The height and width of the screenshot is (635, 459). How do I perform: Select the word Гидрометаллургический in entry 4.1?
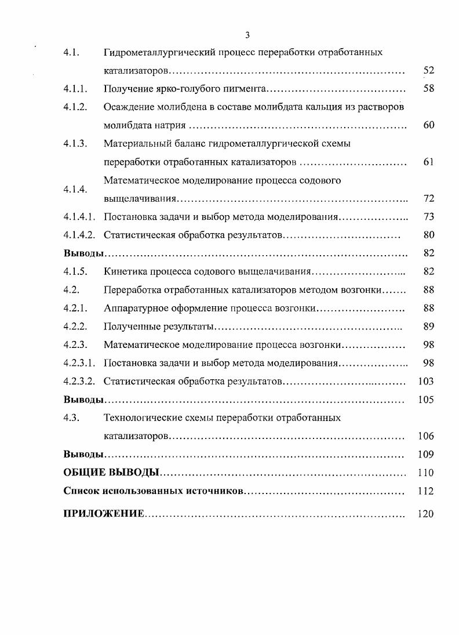[x=159, y=53]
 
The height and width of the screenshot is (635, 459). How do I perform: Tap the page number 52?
[x=428, y=71]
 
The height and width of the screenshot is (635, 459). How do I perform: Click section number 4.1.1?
[x=75, y=89]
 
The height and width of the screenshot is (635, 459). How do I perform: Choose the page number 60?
[x=428, y=125]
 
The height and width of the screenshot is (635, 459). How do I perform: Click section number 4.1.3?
[x=75, y=143]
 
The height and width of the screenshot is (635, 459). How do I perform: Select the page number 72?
[x=428, y=198]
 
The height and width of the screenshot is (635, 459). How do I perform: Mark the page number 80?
[x=428, y=235]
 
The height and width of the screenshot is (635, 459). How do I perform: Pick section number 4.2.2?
[x=75, y=326]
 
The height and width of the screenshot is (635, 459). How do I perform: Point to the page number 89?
[x=428, y=326]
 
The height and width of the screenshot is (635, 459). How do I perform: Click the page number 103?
[x=426, y=381]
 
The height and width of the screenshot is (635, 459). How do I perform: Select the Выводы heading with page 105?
[x=83, y=400]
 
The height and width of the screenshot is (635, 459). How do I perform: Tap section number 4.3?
[x=71, y=418]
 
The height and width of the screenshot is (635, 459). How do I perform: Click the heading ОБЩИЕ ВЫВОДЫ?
[x=111, y=473]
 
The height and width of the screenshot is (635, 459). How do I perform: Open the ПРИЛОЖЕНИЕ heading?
[x=103, y=514]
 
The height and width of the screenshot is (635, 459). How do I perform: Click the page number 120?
[x=426, y=514]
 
